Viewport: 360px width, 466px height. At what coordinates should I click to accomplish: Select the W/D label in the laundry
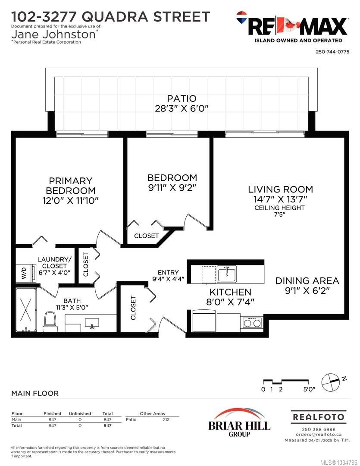24,273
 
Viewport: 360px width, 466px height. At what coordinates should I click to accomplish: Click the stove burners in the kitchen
252,322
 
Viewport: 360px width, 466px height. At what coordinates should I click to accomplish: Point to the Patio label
182,98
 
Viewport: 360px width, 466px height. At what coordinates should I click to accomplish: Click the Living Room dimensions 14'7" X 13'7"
280,199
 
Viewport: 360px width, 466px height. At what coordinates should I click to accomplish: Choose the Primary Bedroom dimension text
70,200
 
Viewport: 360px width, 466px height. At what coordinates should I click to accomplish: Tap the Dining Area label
307,280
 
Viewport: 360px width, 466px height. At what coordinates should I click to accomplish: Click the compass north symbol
331,382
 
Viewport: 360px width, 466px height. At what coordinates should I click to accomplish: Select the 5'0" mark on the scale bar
309,389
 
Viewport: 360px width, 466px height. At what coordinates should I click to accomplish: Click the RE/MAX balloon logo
242,18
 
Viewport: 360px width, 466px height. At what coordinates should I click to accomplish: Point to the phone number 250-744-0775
332,52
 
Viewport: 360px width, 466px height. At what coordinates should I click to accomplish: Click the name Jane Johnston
53,34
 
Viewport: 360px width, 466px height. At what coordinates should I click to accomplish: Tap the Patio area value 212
166,420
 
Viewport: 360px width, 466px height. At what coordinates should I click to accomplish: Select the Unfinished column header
80,413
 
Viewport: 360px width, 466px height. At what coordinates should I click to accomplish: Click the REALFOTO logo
319,417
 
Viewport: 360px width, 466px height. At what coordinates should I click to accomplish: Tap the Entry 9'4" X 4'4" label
168,275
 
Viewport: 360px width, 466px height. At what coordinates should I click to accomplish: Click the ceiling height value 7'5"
279,214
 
